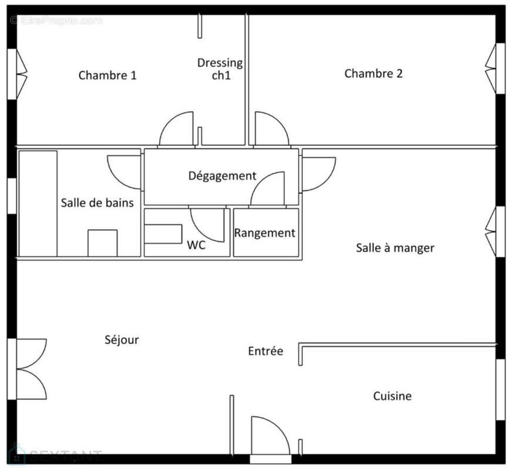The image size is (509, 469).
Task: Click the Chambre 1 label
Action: click(107, 75)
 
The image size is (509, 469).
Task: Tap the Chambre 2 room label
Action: click(373, 73)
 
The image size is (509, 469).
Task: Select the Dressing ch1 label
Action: click(220, 69)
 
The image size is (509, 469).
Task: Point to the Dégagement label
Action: click(222, 176)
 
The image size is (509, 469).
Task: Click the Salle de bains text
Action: click(97, 203)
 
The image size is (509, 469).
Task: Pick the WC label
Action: click(196, 246)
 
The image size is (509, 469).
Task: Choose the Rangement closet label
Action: click(265, 233)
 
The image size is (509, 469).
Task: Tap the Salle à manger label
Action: click(395, 247)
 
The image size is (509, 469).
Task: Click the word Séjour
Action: click(122, 339)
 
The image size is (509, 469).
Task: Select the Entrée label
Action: click(265, 351)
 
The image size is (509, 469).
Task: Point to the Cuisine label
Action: click(392, 396)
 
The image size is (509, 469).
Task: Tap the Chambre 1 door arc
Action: click(177, 129)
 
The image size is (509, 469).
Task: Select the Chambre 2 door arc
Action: click(271, 129)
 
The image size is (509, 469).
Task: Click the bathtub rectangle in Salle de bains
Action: click(38, 203)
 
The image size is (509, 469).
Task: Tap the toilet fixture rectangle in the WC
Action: click(163, 233)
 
